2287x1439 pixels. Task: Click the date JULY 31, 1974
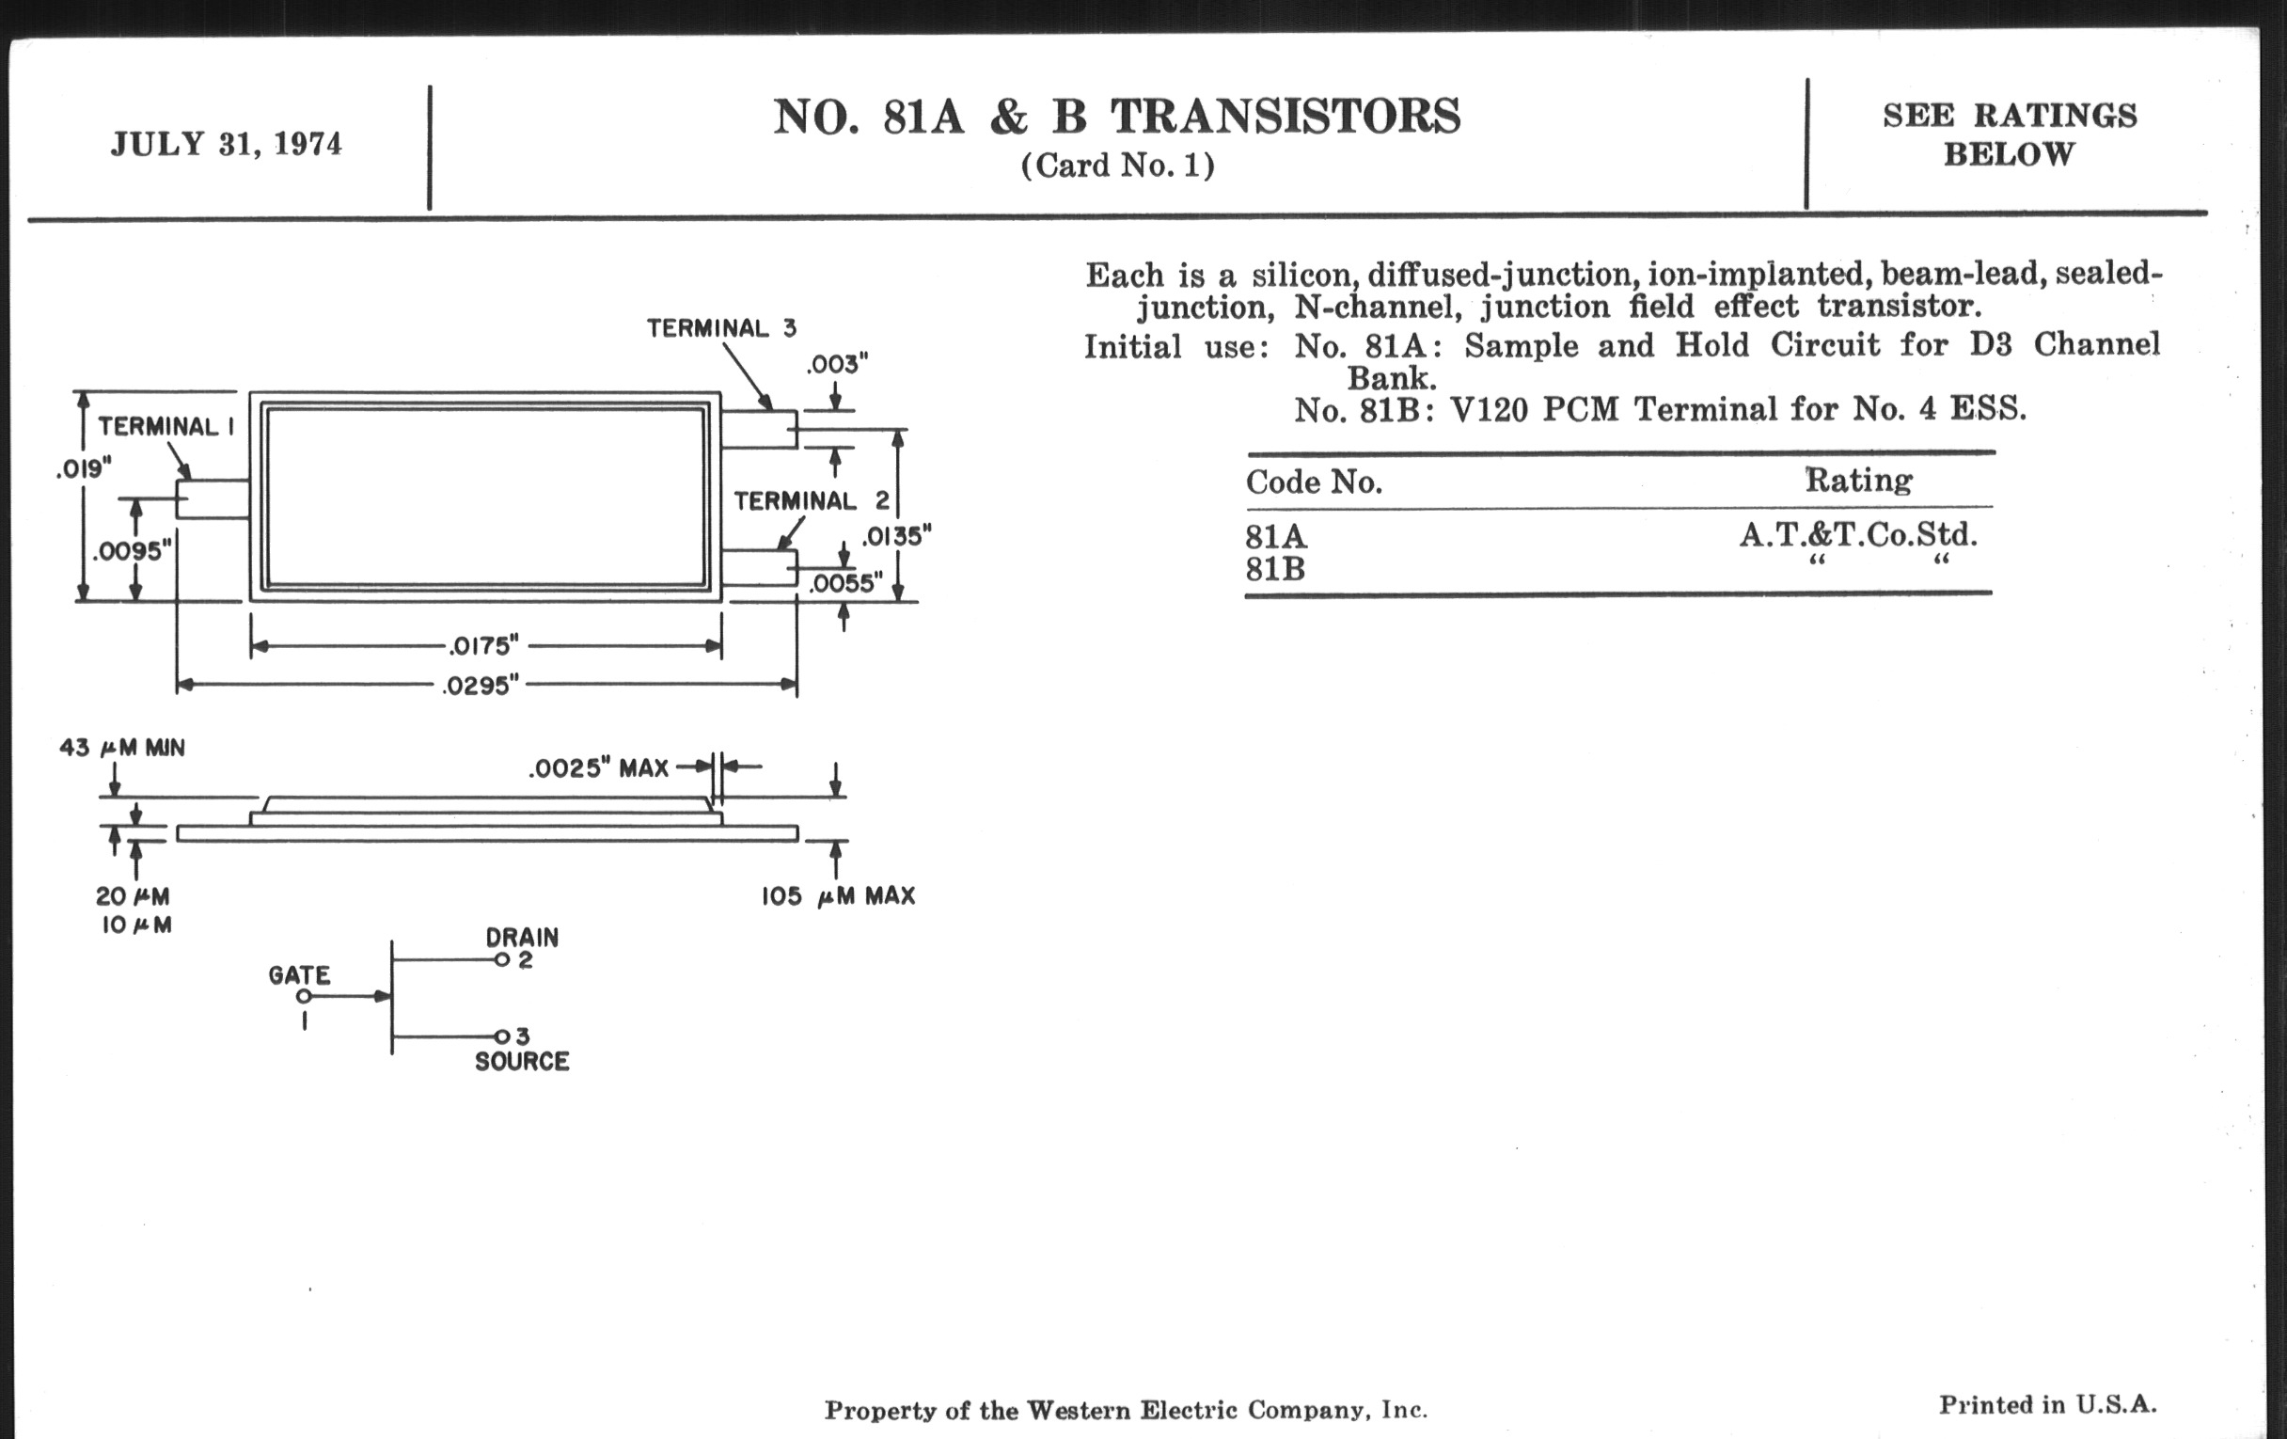point(226,145)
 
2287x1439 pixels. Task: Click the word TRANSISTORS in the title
point(1285,118)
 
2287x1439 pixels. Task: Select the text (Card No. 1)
point(1117,166)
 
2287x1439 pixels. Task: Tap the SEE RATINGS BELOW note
point(2010,134)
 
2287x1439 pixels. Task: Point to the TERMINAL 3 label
point(722,328)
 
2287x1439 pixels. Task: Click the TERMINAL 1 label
point(166,426)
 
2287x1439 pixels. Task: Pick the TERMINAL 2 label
point(812,500)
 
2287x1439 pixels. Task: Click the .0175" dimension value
point(484,647)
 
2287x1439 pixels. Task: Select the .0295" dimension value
point(481,686)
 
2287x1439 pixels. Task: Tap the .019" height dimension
point(84,469)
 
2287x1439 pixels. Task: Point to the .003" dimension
point(837,366)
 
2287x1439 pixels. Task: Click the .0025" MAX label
point(598,768)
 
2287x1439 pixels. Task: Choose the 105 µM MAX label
point(838,896)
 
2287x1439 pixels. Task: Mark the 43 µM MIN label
point(122,749)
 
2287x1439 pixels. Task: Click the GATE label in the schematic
point(299,975)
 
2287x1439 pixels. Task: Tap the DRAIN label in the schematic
point(521,938)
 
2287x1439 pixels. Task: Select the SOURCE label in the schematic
point(521,1062)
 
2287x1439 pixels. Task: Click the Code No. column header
point(1314,482)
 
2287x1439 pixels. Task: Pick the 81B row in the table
point(1275,570)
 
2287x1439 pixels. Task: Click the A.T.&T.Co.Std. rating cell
point(1857,536)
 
